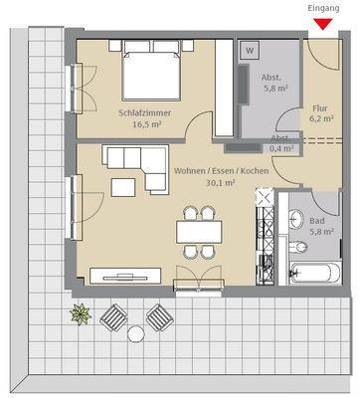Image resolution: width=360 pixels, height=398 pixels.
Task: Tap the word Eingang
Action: click(323, 8)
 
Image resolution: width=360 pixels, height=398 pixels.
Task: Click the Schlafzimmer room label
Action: click(145, 112)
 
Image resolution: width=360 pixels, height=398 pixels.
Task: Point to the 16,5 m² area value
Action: click(145, 125)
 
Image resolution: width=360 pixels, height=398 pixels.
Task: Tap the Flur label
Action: click(319, 107)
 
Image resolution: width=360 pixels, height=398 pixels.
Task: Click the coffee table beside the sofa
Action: click(124, 187)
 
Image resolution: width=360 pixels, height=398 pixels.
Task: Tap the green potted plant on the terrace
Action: click(79, 315)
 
